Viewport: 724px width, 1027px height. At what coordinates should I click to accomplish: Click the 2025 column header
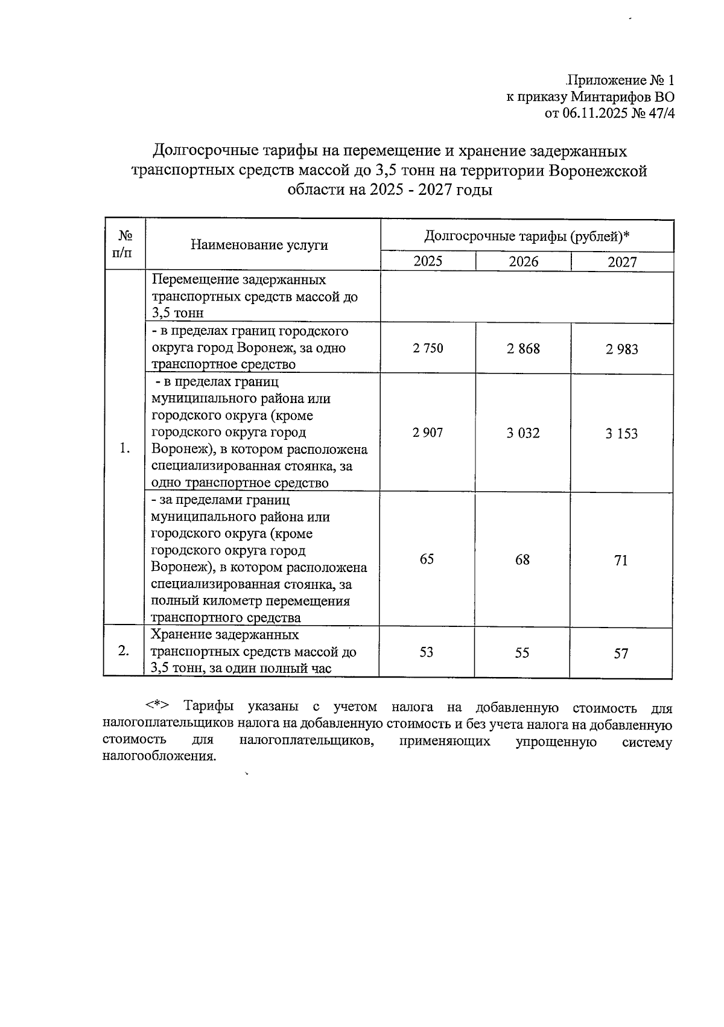tap(427, 261)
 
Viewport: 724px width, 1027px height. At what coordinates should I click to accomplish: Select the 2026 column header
tap(523, 261)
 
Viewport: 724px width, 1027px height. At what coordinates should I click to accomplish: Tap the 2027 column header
tap(622, 262)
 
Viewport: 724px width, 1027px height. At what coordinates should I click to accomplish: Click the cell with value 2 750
tap(427, 348)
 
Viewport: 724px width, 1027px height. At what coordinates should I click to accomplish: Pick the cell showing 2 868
tap(523, 349)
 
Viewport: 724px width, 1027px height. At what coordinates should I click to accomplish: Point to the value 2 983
tap(622, 349)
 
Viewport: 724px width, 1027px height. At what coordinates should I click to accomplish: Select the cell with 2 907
tap(427, 433)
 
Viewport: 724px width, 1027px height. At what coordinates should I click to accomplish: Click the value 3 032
tap(523, 433)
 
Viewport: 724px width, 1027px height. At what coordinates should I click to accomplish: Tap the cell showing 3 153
tap(622, 434)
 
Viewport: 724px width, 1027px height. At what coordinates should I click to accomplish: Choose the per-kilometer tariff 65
tap(427, 559)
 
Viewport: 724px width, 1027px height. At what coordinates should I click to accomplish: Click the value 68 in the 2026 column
tap(522, 560)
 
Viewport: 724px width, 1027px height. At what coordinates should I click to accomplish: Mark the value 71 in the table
tap(621, 561)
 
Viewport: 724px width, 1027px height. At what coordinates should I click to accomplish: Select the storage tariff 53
tap(427, 652)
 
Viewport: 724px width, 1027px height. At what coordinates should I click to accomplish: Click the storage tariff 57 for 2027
tap(621, 653)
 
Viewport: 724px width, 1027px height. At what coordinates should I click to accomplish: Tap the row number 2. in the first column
tap(124, 651)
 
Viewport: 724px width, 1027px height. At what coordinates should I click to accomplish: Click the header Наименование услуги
tap(259, 244)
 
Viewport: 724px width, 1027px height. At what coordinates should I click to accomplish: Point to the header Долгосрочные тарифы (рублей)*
tap(527, 236)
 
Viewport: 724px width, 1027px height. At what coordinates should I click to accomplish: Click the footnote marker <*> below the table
tap(157, 707)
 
